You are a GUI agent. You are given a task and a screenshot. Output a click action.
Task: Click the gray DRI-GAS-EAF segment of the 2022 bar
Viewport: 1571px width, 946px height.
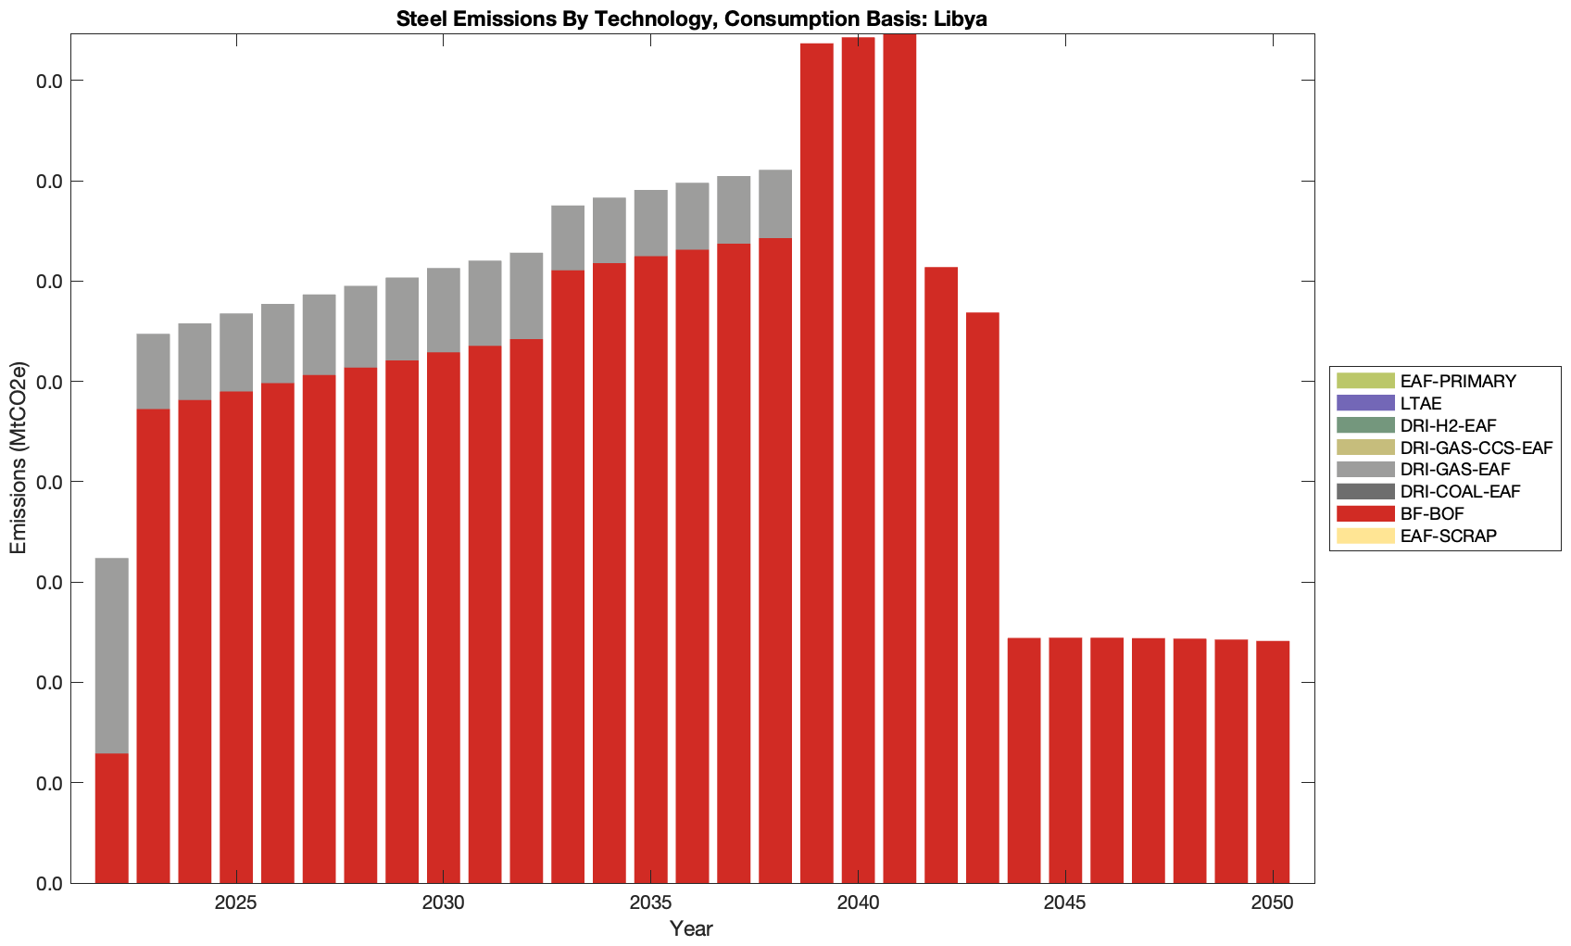point(111,655)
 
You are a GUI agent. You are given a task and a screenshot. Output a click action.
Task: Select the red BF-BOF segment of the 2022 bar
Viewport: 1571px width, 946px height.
point(111,817)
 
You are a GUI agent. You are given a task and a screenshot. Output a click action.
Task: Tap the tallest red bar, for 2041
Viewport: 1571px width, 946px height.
point(899,459)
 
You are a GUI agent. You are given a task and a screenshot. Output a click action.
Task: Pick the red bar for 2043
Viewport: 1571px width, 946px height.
point(982,598)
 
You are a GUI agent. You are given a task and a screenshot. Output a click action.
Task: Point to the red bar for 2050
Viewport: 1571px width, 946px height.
point(1273,762)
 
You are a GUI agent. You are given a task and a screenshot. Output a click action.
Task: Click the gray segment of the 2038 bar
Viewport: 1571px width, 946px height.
point(775,204)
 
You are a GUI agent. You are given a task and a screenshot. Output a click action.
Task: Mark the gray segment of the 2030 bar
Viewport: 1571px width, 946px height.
point(444,309)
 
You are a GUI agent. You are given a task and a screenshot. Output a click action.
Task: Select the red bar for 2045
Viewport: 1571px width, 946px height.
point(1065,760)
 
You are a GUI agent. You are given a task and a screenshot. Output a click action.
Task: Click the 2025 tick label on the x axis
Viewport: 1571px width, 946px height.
point(236,904)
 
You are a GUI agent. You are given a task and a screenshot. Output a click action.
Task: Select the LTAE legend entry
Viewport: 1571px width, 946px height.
point(1421,403)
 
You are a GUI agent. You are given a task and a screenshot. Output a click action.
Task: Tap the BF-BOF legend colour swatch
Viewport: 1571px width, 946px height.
point(1364,513)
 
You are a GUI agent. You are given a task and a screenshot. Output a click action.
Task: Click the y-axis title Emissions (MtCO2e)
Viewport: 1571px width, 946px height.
point(18,459)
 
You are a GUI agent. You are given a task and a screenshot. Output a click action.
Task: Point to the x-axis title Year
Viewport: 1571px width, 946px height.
point(691,928)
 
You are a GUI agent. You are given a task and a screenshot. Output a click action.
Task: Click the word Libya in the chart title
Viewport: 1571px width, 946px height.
point(961,19)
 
